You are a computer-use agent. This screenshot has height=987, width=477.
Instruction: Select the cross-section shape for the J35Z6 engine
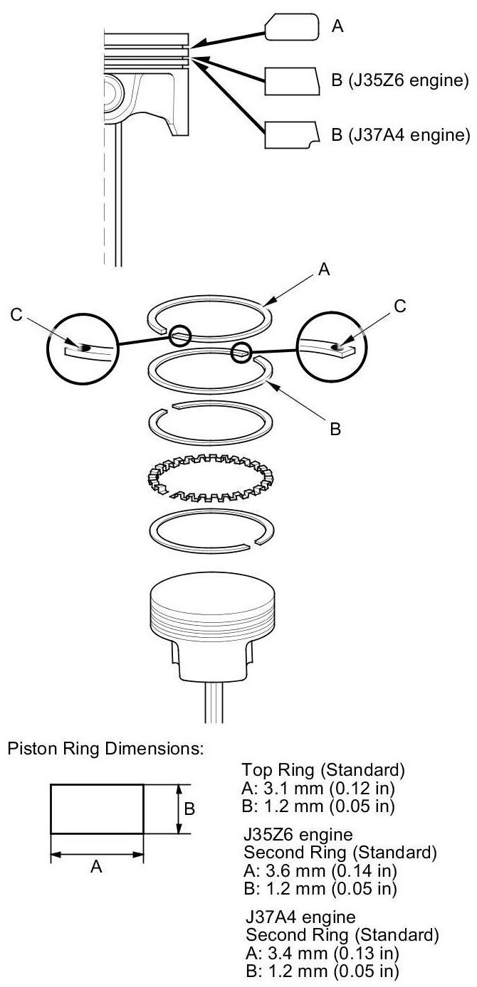click(x=291, y=81)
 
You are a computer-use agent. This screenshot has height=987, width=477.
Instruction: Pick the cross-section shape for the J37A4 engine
click(x=290, y=134)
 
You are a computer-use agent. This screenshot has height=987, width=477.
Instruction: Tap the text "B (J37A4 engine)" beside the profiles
click(x=402, y=134)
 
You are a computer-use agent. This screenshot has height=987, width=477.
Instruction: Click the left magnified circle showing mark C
click(x=81, y=348)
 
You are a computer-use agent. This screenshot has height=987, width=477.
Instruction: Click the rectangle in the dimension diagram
click(x=97, y=809)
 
